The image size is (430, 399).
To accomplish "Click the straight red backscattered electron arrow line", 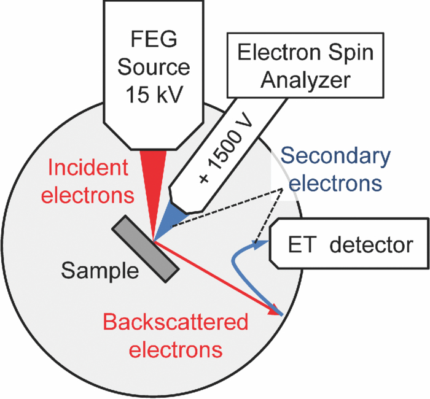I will (x=215, y=275).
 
